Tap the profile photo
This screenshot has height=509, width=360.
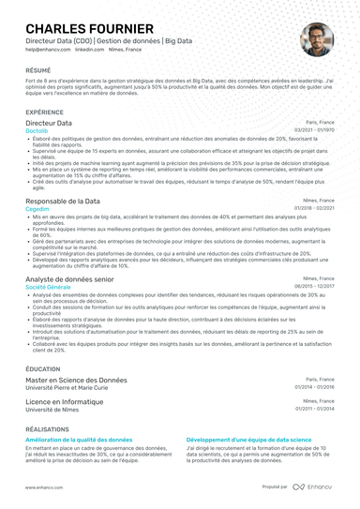point(316,39)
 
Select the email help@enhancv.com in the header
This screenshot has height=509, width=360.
point(48,49)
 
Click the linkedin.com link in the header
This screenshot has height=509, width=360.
point(89,49)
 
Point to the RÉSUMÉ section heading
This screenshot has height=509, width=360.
point(39,70)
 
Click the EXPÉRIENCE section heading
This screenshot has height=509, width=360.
point(46,111)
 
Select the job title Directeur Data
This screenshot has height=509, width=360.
point(49,123)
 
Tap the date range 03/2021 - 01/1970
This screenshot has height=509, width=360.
point(314,130)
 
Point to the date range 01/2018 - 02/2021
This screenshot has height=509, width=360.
point(314,209)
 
